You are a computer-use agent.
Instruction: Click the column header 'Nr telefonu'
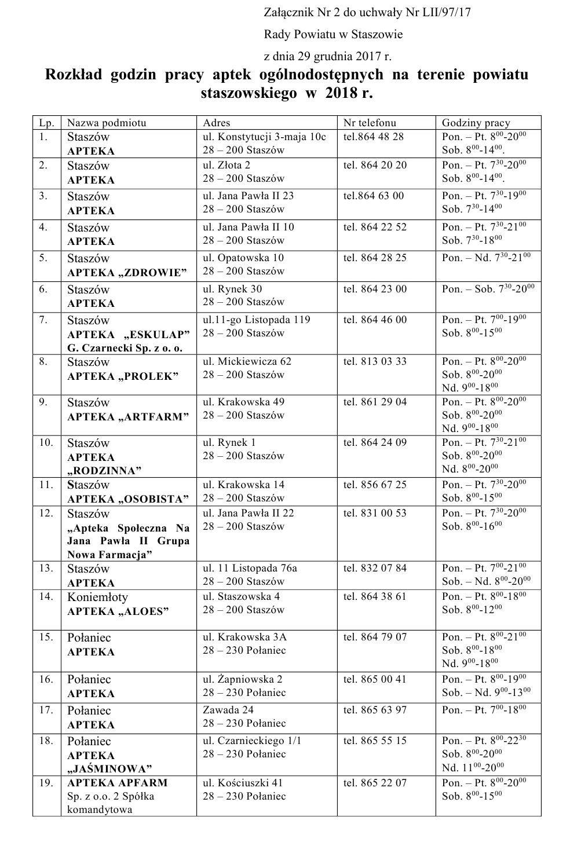[x=370, y=122]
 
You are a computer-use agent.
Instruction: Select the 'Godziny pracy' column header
[x=476, y=122]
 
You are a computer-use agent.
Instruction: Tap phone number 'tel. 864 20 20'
[x=375, y=165]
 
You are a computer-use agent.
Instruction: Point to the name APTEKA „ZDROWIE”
[x=127, y=272]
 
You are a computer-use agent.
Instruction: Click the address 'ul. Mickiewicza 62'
[x=247, y=361]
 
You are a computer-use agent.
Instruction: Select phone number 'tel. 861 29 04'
[x=375, y=402]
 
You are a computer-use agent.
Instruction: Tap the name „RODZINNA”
[x=104, y=470]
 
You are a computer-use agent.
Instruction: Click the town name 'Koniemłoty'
[x=97, y=597]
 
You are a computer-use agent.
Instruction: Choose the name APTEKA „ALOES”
[x=118, y=611]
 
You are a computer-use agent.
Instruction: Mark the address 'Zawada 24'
[x=228, y=710]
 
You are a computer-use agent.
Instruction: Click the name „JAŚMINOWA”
[x=109, y=769]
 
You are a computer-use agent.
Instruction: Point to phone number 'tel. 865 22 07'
[x=375, y=783]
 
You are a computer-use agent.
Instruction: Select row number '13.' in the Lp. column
[x=46, y=568]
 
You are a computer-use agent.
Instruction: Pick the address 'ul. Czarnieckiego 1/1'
[x=252, y=741]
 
